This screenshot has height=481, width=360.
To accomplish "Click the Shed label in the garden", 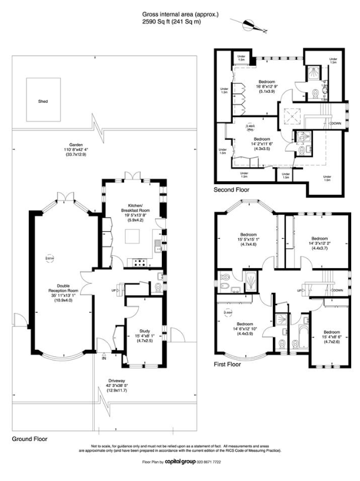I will [x=43, y=101].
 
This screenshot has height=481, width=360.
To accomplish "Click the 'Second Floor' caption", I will [x=231, y=190].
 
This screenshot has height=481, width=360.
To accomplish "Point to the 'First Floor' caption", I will [x=228, y=365].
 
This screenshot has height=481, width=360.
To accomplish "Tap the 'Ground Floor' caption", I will [x=29, y=439].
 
